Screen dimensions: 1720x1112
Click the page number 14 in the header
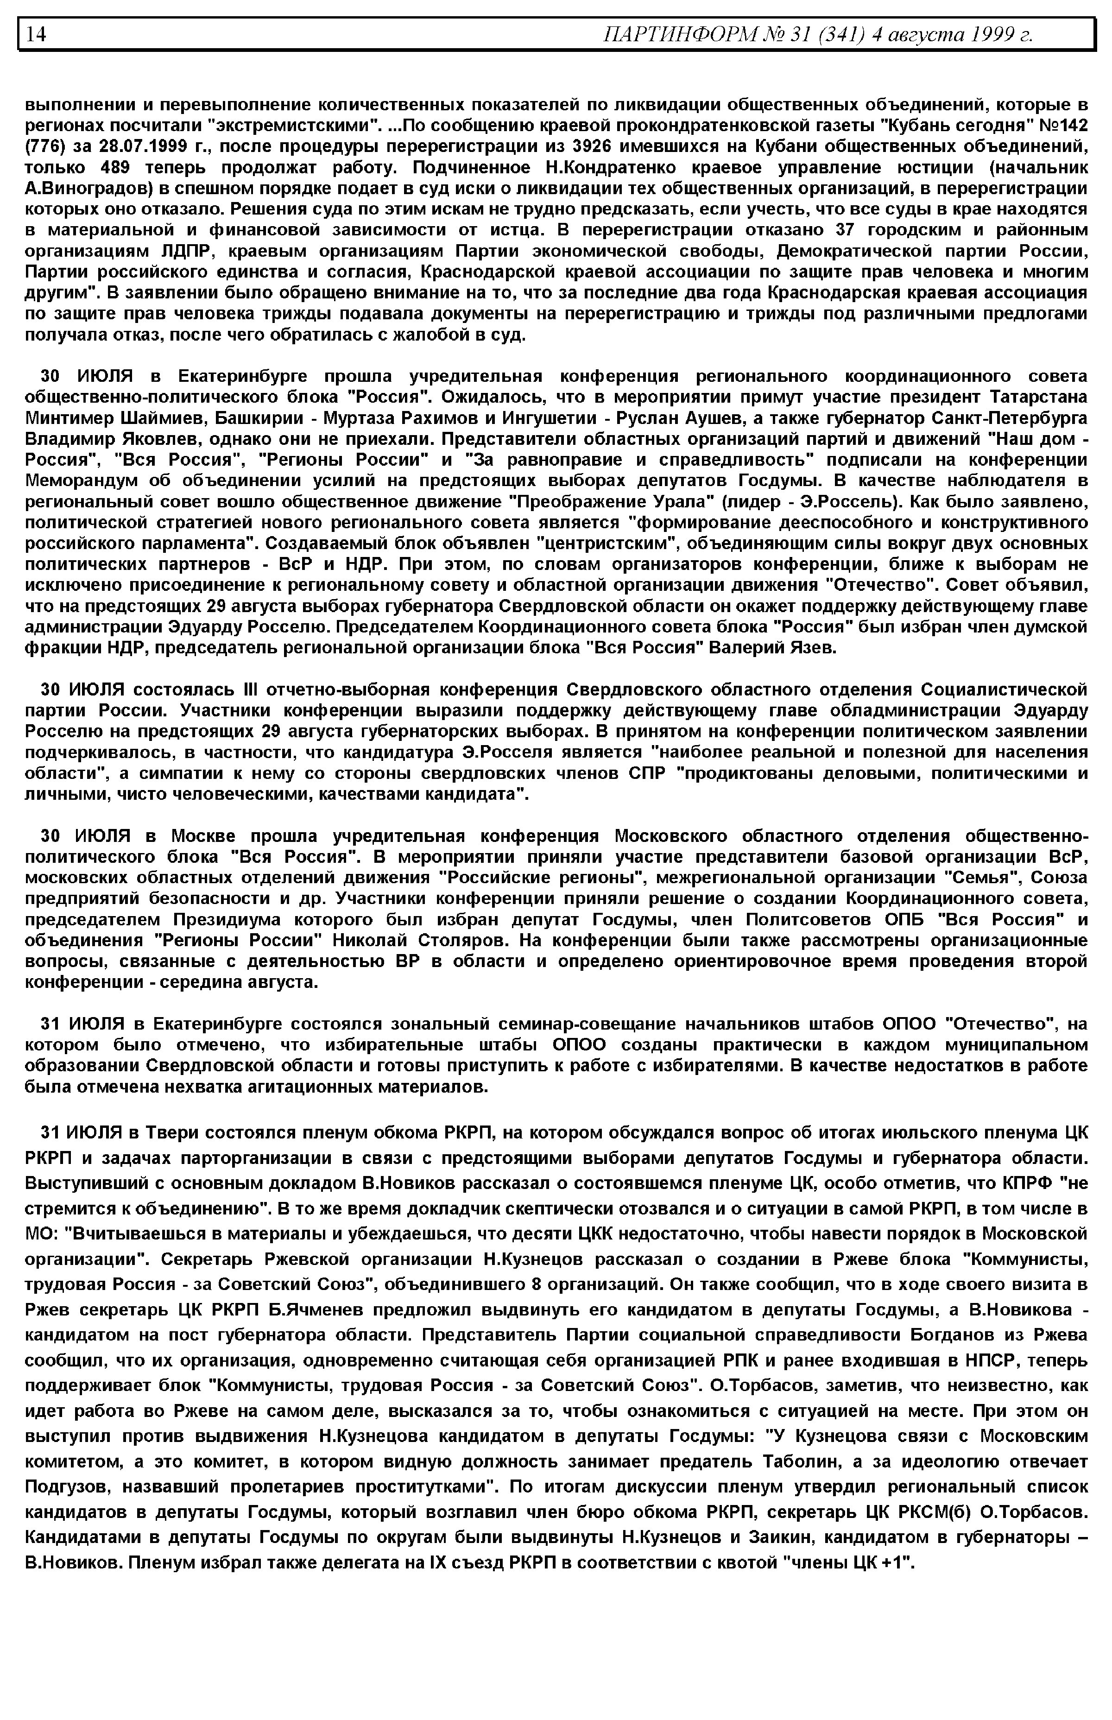(x=36, y=34)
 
